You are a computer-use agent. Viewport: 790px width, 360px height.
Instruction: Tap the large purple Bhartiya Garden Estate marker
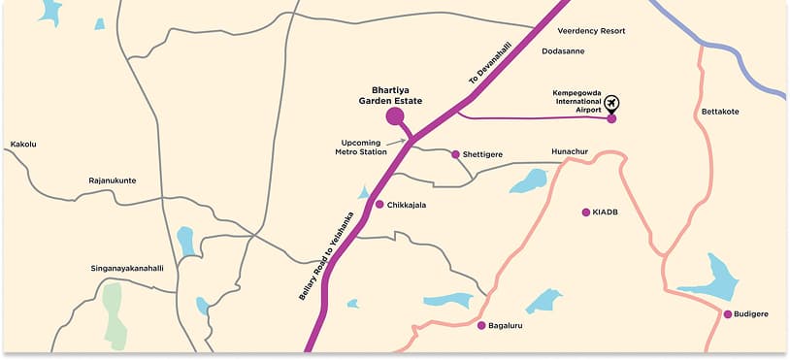[395, 117]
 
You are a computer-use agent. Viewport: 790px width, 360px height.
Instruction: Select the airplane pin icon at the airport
[611, 103]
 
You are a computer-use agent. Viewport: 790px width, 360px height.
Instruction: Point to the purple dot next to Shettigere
[455, 153]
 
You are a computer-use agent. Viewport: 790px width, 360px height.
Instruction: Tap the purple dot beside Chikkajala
[379, 204]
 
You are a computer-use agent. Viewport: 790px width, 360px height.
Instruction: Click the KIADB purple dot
[585, 212]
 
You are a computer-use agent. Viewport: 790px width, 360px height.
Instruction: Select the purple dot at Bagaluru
[481, 325]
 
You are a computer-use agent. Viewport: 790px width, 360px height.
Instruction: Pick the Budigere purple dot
[727, 313]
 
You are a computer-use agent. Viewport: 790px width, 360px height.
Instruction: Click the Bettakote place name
[719, 112]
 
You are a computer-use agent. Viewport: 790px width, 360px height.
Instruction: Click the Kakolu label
[23, 144]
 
